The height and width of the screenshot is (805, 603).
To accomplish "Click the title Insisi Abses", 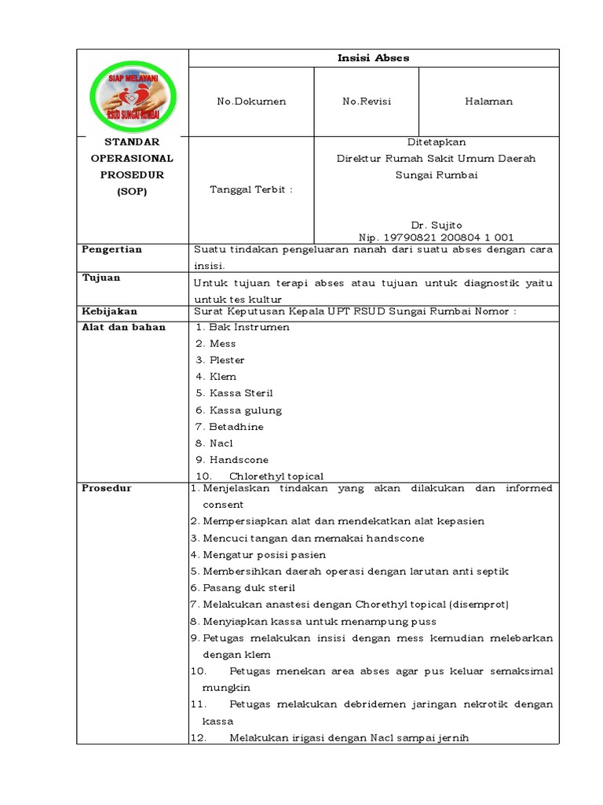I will point(373,58).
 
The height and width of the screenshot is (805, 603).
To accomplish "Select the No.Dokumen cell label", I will point(251,101).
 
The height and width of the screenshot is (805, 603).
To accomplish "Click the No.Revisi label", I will point(366,101).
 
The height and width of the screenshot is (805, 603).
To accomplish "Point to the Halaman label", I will point(488,101).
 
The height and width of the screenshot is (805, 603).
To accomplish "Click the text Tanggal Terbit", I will point(250,190).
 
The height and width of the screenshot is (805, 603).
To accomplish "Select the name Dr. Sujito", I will point(436,225).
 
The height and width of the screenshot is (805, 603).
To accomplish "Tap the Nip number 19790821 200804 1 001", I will point(436,237).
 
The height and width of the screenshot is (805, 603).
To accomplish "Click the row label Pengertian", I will point(111,249).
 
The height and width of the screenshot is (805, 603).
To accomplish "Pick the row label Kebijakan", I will point(109,311).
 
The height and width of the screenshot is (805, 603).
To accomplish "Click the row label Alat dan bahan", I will point(123,327).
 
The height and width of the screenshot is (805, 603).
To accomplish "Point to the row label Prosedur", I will point(107,488).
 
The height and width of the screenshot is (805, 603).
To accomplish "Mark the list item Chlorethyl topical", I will point(276,476).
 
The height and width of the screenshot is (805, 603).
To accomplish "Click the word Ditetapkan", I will point(436,142).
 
